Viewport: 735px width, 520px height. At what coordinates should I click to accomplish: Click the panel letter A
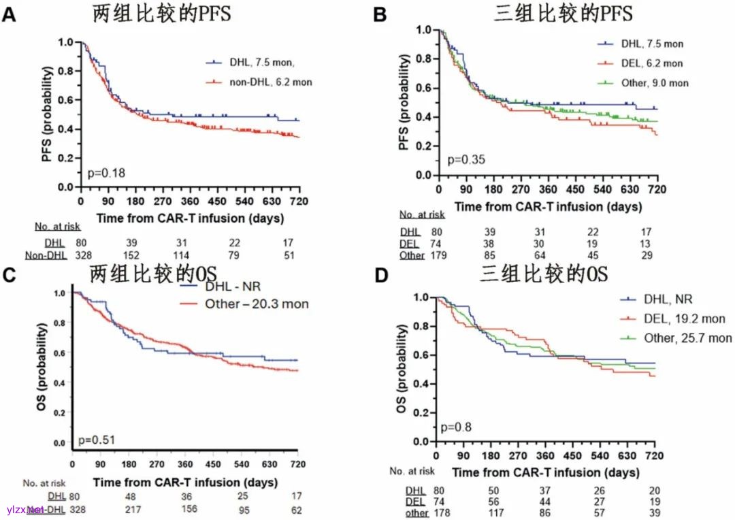[9, 14]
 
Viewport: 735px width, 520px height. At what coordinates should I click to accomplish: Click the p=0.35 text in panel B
[463, 160]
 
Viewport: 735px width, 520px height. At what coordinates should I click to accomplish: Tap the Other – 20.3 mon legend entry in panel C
[257, 304]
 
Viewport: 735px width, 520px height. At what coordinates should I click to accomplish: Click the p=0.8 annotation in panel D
[457, 427]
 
